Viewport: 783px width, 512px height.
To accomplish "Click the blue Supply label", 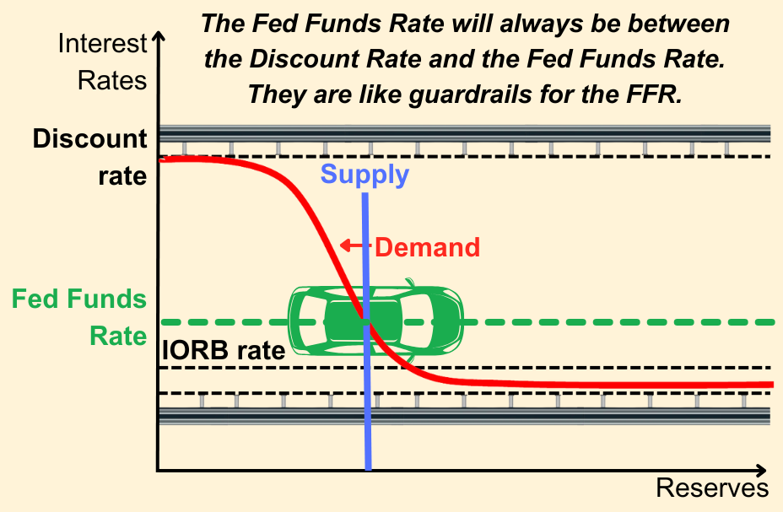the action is click(364, 175).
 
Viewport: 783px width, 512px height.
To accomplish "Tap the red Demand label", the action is click(428, 247).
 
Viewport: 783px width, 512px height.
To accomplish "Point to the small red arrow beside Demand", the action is click(355, 245).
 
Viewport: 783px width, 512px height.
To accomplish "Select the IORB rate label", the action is click(224, 351).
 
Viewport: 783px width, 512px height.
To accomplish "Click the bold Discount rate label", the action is click(90, 157).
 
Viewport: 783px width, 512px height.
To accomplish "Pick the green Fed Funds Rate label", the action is click(79, 317).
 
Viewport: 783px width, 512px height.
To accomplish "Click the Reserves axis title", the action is click(712, 488).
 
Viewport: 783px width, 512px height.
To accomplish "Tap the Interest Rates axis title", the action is click(102, 62).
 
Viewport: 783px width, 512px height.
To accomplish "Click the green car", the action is click(376, 321).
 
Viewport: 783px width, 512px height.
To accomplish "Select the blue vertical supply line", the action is click(366, 331).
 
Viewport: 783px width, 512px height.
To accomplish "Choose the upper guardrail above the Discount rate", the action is click(464, 135).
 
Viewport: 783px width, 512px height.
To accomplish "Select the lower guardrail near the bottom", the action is click(464, 416).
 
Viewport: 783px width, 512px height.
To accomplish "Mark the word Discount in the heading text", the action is click(304, 59).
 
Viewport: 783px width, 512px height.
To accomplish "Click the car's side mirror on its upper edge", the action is click(410, 283).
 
